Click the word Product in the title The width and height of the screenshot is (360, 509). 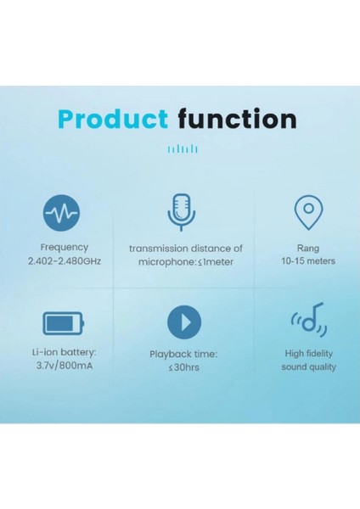(115, 118)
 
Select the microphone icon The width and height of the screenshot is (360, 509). (180, 211)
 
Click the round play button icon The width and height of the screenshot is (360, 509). (184, 322)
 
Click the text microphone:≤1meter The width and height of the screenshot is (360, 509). (185, 262)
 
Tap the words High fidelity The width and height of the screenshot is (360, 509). (309, 352)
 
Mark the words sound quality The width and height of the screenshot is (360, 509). (309, 366)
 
